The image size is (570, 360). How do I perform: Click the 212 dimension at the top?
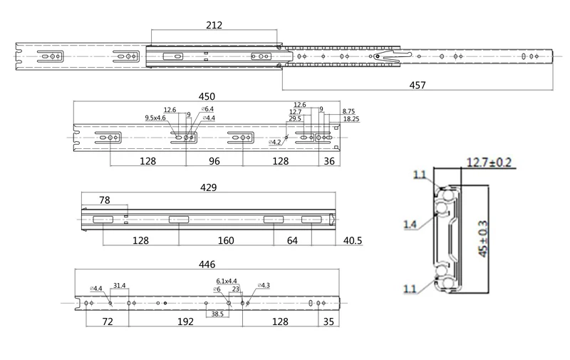(213, 25)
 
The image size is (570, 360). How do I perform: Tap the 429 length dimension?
(209, 187)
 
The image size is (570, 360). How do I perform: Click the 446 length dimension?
(208, 264)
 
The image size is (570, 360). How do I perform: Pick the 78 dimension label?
(104, 201)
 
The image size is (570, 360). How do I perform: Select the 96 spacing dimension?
(214, 161)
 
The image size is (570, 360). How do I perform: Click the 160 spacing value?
(225, 241)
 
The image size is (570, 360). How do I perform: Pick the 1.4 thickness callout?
(410, 225)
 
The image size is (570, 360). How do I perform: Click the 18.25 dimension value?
(351, 119)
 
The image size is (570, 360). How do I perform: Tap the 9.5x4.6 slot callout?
(155, 118)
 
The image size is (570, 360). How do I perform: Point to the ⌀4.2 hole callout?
(275, 142)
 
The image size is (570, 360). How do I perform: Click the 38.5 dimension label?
(217, 313)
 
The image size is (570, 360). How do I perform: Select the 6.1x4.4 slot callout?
(227, 281)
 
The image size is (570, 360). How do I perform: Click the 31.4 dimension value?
(119, 286)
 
